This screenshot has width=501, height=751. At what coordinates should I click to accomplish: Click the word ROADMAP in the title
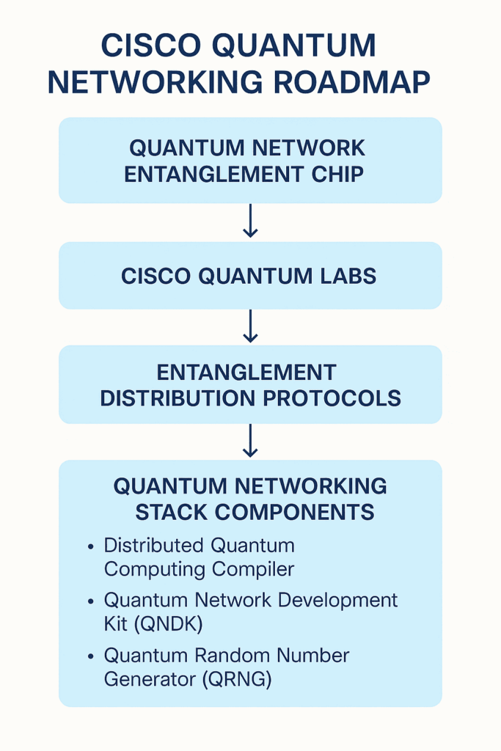coord(351,82)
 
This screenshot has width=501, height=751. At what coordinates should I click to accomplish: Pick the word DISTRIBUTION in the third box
coord(178,398)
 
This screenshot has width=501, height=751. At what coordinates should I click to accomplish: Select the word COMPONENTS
coord(294,512)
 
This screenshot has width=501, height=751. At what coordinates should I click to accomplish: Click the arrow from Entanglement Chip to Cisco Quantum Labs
coord(251,221)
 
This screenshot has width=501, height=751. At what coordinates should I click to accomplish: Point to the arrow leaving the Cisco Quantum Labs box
coord(251,326)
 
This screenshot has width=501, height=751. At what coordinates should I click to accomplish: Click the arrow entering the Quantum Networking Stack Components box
coord(251,441)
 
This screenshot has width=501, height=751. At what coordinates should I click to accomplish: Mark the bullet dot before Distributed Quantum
coord(91,546)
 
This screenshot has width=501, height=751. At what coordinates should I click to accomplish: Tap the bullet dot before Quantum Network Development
coord(91,601)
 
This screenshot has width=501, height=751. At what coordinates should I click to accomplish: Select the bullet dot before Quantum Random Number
coord(91,656)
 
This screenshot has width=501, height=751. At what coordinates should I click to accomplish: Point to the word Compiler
coord(253,570)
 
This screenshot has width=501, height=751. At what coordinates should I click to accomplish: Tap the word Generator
coord(150,679)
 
